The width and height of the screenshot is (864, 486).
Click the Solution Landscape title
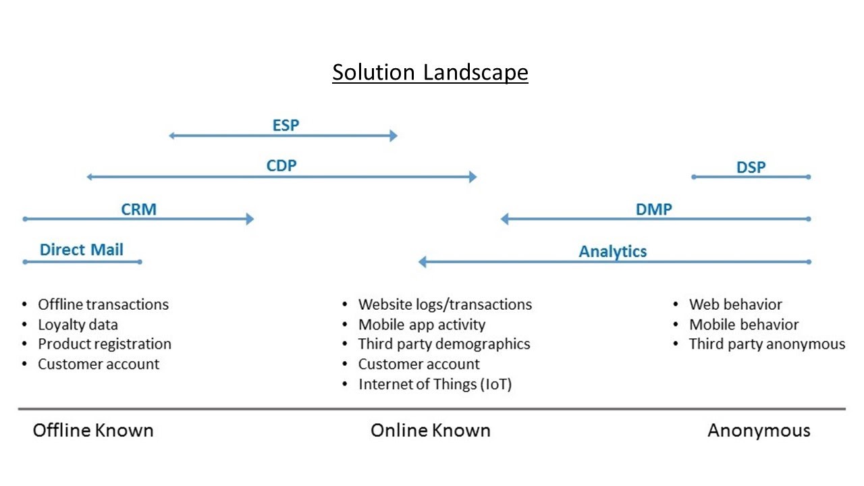click(430, 72)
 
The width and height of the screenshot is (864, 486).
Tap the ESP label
click(286, 125)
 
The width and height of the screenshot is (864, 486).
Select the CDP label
click(281, 165)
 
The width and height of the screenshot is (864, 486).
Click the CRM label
click(138, 209)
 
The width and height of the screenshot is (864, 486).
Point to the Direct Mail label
click(82, 250)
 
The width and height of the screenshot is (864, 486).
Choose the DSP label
click(751, 167)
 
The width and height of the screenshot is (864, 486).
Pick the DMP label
click(653, 209)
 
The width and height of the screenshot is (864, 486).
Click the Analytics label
click(612, 251)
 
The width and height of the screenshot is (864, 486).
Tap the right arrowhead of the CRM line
click(249, 219)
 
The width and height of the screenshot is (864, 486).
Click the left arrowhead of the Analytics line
click(423, 262)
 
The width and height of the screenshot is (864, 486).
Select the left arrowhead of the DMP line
click(505, 219)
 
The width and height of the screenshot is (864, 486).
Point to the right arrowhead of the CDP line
click(473, 177)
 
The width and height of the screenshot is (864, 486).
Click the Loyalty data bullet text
click(78, 325)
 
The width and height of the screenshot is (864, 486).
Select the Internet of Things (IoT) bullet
click(435, 385)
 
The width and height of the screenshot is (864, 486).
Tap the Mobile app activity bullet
click(421, 325)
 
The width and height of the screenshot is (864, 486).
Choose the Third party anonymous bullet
click(767, 344)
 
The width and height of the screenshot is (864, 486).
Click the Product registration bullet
click(104, 344)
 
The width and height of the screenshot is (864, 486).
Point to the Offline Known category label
click(93, 431)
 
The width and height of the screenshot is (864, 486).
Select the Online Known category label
click(430, 431)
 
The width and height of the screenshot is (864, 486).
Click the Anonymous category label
click(759, 431)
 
